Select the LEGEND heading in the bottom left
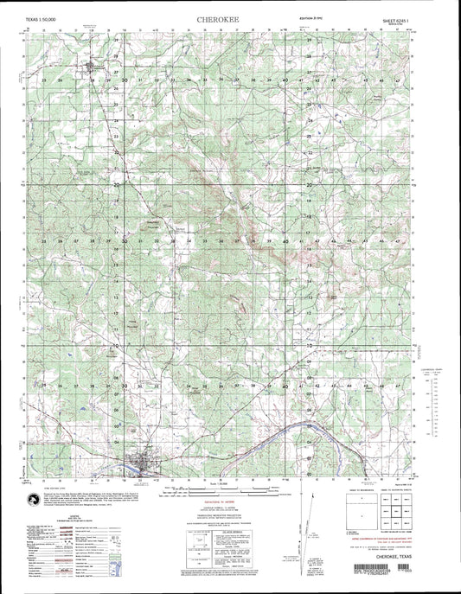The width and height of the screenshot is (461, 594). tap(57, 512)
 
